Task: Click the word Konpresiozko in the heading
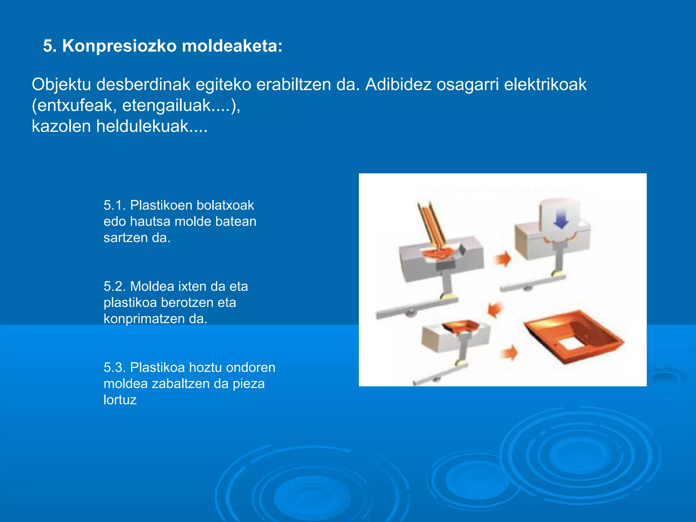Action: point(119,46)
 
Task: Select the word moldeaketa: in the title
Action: point(232,46)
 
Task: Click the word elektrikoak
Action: point(545,84)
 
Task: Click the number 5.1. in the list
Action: point(115,205)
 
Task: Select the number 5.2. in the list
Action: point(115,286)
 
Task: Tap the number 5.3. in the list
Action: point(115,367)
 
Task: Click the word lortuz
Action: point(120,400)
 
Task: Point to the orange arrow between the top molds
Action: point(503,259)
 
